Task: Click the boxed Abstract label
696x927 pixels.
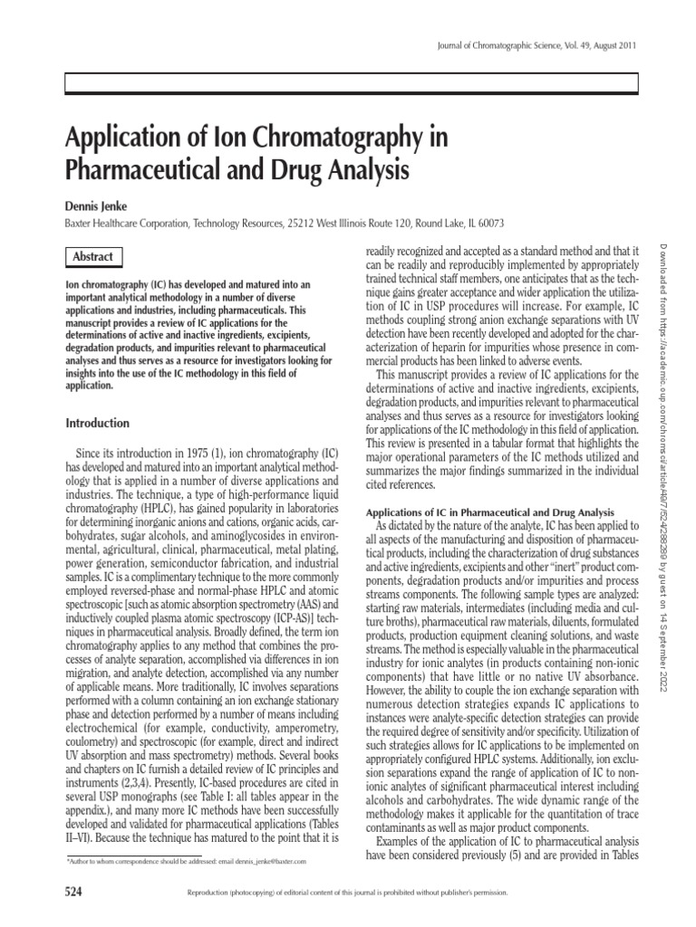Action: click(94, 256)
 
